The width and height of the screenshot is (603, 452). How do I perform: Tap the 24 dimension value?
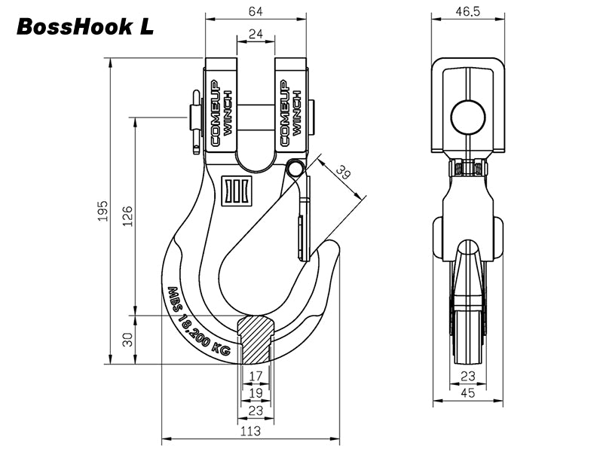pos(256,34)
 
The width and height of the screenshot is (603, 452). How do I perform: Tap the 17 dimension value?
pos(256,376)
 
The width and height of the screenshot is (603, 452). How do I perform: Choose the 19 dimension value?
pos(256,392)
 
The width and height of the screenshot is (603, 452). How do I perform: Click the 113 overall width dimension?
pos(250,431)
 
